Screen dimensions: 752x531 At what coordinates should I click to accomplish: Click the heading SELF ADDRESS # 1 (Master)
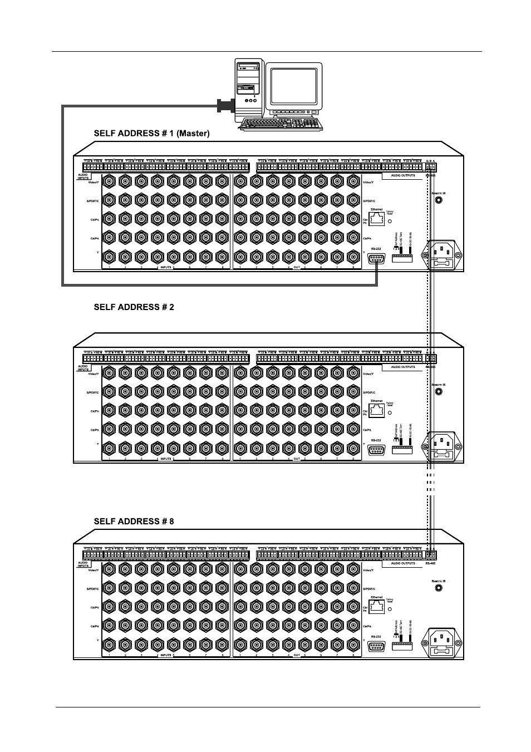[151, 133]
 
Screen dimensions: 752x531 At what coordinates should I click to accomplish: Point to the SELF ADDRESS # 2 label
[134, 307]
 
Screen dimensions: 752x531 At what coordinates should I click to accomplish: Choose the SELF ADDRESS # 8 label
[134, 521]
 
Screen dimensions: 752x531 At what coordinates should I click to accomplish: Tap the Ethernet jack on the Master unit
[377, 219]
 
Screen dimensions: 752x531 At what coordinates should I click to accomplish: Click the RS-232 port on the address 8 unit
[377, 646]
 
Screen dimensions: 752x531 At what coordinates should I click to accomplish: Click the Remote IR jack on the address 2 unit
[439, 392]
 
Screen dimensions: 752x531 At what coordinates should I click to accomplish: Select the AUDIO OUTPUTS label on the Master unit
[402, 175]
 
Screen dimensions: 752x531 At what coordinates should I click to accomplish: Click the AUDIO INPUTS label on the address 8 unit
[83, 564]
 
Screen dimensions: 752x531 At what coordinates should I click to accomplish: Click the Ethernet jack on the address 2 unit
[377, 410]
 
